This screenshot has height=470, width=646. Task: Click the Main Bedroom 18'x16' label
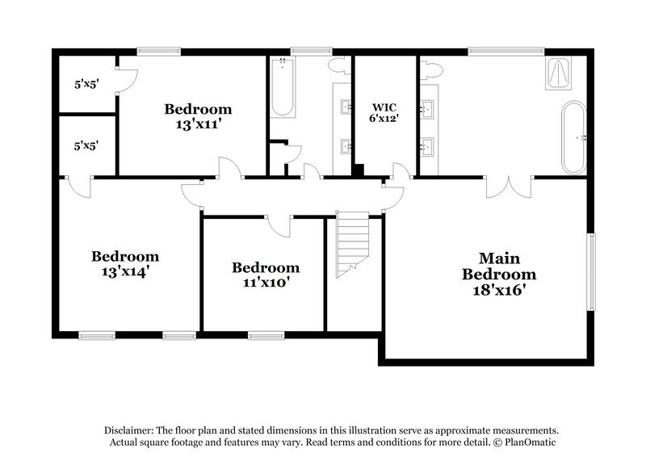[498, 275]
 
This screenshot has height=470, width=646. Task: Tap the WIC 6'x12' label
[385, 112]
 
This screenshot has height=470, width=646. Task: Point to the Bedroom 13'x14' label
[124, 264]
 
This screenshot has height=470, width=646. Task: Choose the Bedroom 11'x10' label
[266, 275]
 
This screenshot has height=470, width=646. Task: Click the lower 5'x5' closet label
[85, 147]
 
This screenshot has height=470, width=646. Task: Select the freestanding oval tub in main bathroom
[573, 136]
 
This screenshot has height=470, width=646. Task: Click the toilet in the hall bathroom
[339, 69]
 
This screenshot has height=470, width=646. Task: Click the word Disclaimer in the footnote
[130, 431]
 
